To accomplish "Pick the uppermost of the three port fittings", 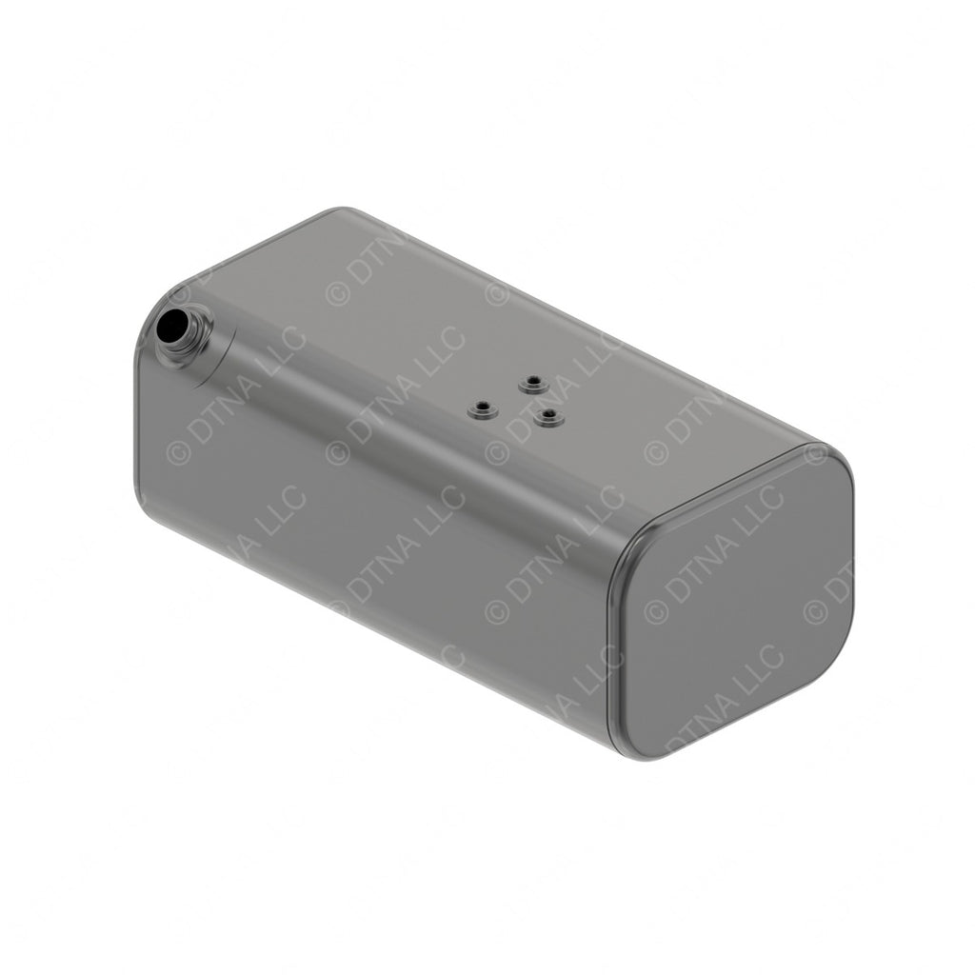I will [532, 384].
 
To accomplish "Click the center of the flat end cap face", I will [733, 605].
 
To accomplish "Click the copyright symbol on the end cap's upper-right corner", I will [815, 454].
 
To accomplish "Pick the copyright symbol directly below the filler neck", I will [178, 453].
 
